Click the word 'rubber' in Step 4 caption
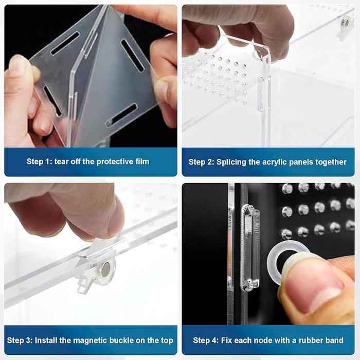[x=309, y=340]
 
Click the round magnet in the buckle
[x=105, y=268]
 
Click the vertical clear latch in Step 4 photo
[x=249, y=247]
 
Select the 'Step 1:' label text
[x=40, y=161]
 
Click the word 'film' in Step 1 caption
[x=142, y=161]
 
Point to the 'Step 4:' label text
[x=206, y=340]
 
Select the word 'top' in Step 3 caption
[x=167, y=340]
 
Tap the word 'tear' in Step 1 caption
[x=61, y=161]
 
